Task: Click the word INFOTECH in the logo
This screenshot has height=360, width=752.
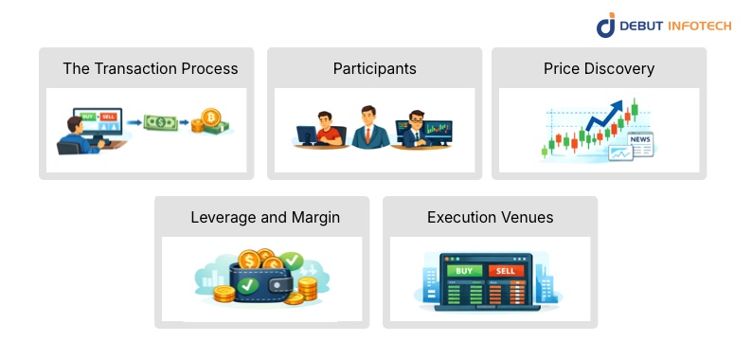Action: tap(697, 26)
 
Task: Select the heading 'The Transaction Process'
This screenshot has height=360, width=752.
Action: tap(150, 68)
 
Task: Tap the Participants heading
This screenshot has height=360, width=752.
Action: tap(374, 68)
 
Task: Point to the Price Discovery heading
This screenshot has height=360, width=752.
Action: tap(599, 68)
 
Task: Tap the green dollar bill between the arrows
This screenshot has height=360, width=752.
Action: tap(160, 122)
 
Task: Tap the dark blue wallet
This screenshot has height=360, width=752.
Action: tap(261, 281)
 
